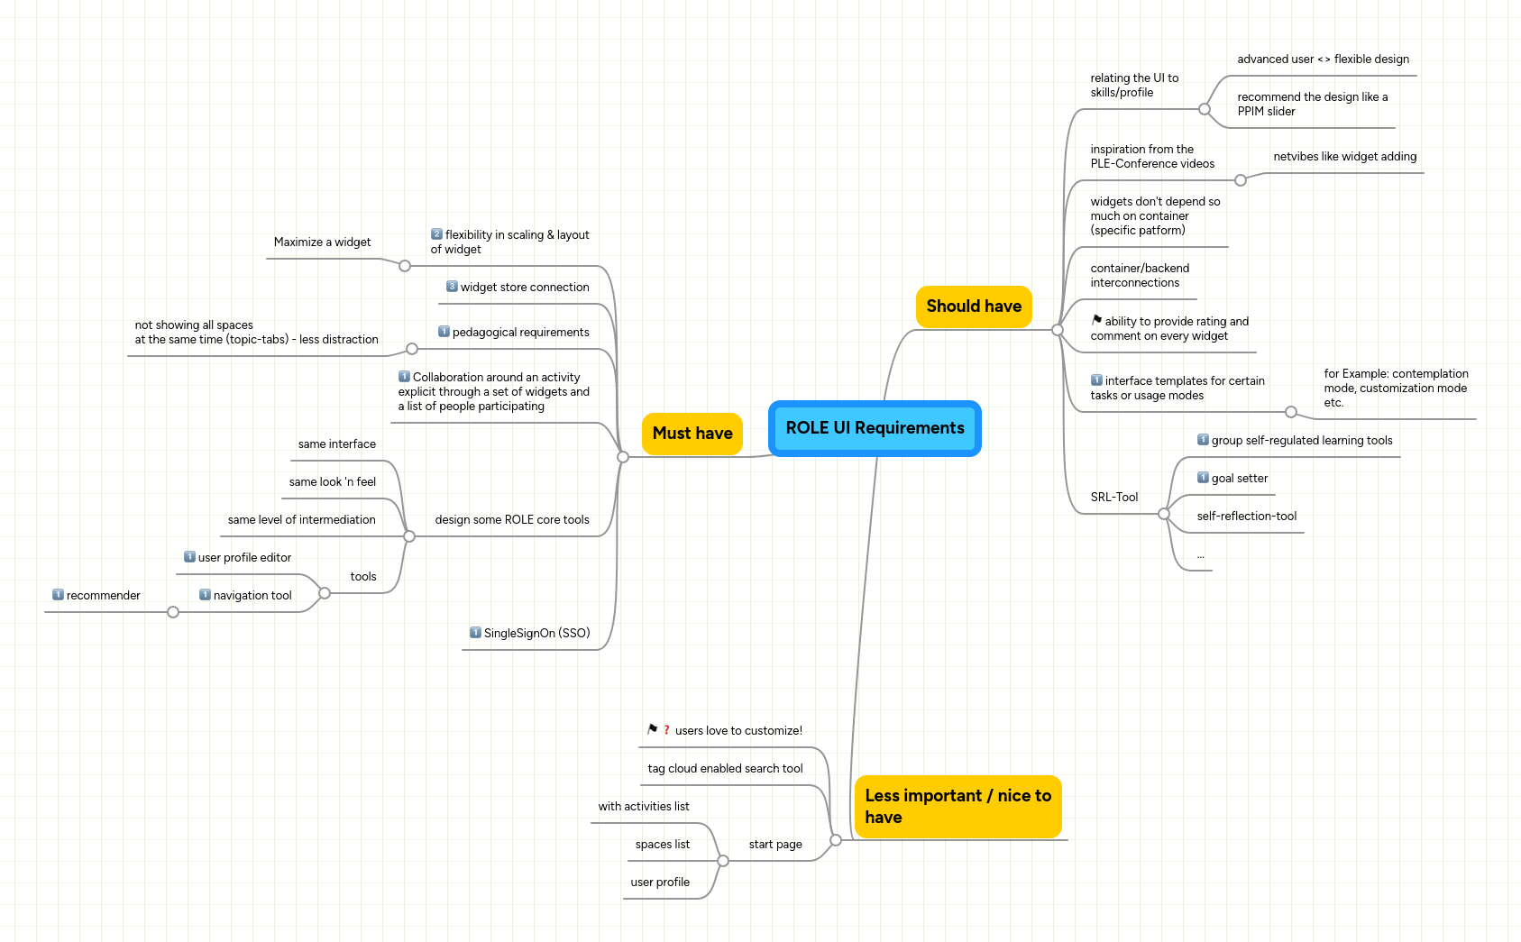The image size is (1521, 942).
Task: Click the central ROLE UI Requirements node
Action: (875, 428)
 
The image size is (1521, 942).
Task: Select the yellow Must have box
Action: (692, 434)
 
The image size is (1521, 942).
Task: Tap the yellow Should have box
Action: (973, 306)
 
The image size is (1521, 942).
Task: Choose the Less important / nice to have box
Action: (957, 807)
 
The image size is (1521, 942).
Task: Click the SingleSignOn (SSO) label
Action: (536, 634)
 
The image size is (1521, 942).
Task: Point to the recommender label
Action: (103, 596)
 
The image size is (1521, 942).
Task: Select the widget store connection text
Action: (524, 288)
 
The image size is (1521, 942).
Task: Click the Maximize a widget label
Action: (322, 242)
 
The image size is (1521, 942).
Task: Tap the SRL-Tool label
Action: (1113, 498)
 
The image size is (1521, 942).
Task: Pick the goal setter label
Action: (1239, 479)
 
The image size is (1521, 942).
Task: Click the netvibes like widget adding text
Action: (1344, 157)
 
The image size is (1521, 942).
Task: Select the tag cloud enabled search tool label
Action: (725, 769)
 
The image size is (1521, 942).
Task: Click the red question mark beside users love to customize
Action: (666, 730)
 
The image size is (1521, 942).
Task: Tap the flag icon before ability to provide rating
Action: (1096, 320)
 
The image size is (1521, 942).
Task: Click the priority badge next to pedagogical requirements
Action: (444, 332)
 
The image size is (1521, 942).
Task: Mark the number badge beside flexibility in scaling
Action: (436, 234)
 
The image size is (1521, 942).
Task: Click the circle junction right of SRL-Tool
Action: (1164, 514)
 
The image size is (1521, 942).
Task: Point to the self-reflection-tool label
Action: (1246, 517)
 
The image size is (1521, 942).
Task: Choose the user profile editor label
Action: (244, 558)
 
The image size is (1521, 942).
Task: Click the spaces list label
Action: (662, 845)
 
